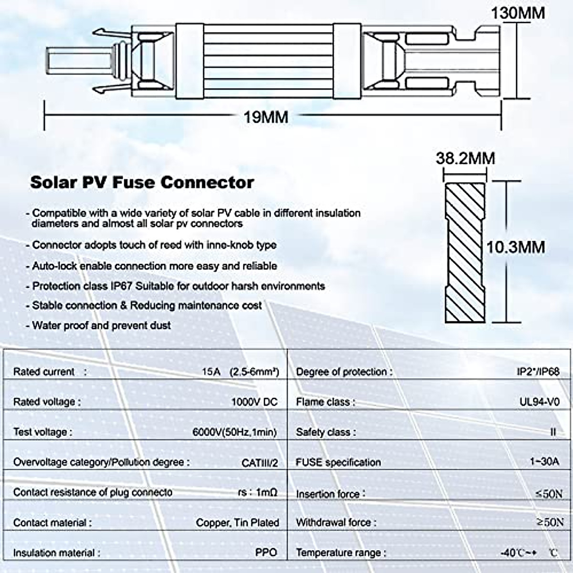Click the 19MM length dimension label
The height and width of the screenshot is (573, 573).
[x=266, y=117]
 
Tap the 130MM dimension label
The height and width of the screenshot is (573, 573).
[x=518, y=12]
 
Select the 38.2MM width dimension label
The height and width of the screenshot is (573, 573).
[x=465, y=159]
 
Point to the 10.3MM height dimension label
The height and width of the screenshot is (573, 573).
[x=516, y=247]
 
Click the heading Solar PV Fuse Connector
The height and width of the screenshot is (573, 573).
[x=142, y=182]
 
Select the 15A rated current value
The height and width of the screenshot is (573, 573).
[x=211, y=371]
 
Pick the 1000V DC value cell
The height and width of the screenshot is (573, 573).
[x=254, y=402]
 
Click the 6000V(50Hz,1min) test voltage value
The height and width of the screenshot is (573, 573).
[x=234, y=432]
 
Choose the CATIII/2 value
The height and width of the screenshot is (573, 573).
[x=260, y=462]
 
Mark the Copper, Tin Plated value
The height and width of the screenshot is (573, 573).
[x=237, y=523]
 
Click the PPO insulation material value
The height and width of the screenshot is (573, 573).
[x=266, y=552]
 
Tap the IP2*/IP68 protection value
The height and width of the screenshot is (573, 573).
[x=538, y=371]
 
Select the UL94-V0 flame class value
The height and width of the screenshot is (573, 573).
[x=539, y=402]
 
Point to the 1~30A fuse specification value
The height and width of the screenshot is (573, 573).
[x=544, y=462]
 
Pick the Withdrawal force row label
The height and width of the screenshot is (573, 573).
[x=336, y=523]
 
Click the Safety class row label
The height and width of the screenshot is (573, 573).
[x=326, y=432]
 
